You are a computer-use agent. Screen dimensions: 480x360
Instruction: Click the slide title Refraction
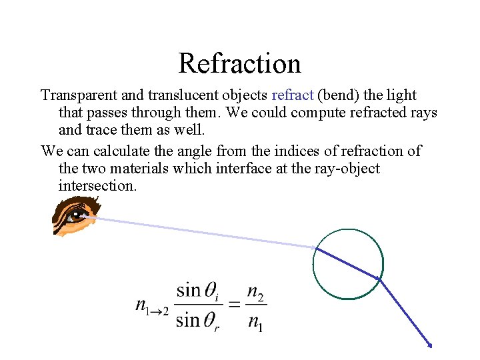pos(239,64)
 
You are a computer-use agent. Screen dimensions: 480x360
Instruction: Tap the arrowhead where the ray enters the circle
pos(314,248)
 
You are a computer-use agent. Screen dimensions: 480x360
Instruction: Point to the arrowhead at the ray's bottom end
pos(431,345)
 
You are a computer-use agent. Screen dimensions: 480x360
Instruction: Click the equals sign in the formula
pos(234,305)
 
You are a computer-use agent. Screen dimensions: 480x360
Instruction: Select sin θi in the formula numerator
pos(198,291)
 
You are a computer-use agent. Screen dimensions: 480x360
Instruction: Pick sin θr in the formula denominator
pos(198,321)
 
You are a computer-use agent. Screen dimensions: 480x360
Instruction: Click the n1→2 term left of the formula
pos(152,306)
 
